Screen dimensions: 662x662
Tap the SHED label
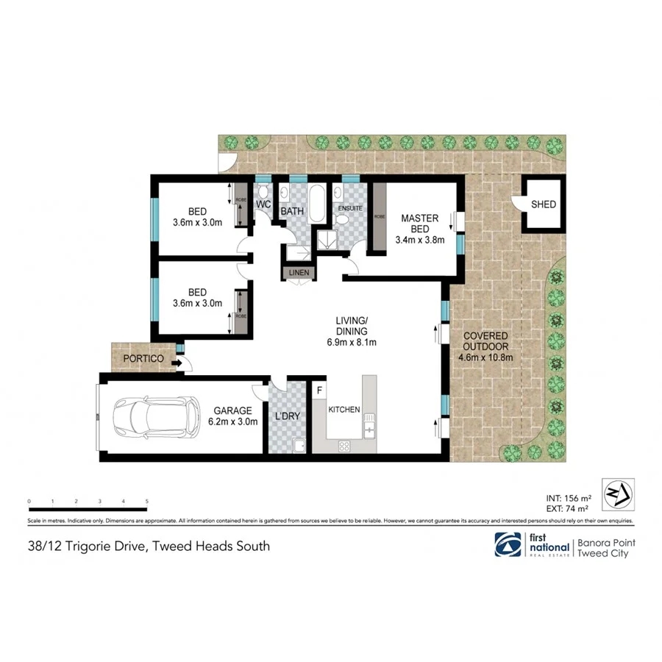544,204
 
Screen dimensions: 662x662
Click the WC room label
264,204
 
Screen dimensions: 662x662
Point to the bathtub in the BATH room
316,205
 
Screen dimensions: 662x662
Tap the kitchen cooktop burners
344,445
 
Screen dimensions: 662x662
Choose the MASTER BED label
419,224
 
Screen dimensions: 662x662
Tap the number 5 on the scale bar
147,501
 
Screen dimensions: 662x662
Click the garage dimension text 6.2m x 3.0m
233,421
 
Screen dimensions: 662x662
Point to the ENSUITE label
350,208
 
